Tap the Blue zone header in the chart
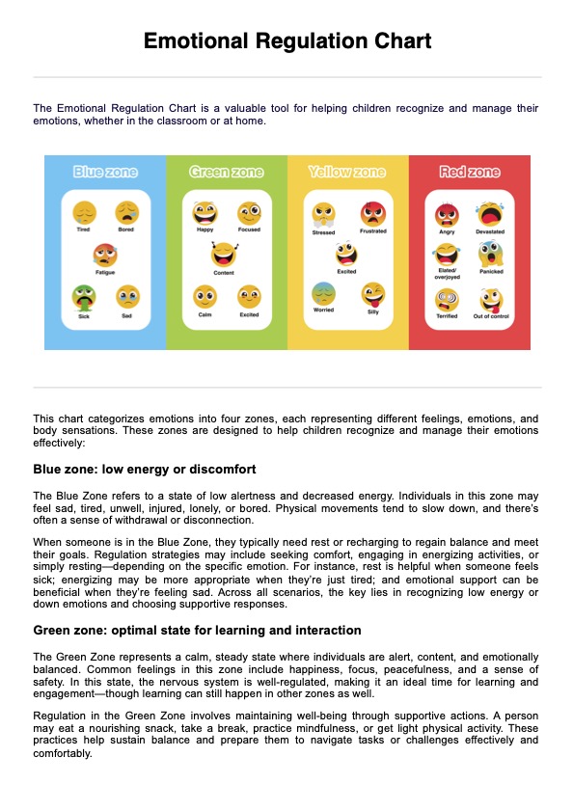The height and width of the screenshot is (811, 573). click(x=105, y=172)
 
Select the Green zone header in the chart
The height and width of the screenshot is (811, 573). click(x=227, y=172)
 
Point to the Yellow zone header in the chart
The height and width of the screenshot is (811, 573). click(x=347, y=172)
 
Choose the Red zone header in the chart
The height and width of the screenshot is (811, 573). click(x=470, y=172)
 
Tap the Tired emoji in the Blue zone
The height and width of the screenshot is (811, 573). click(x=84, y=213)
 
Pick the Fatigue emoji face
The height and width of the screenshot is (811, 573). click(x=105, y=255)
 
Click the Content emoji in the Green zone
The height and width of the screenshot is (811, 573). click(x=224, y=255)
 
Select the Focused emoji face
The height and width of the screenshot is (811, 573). click(x=249, y=213)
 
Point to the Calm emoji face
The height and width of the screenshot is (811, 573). click(x=205, y=296)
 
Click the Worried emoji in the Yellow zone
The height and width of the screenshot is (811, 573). click(x=323, y=293)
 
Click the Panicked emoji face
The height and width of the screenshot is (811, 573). click(x=490, y=255)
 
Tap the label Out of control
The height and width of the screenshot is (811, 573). click(x=490, y=316)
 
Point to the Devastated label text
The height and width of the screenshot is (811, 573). click(x=490, y=232)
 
